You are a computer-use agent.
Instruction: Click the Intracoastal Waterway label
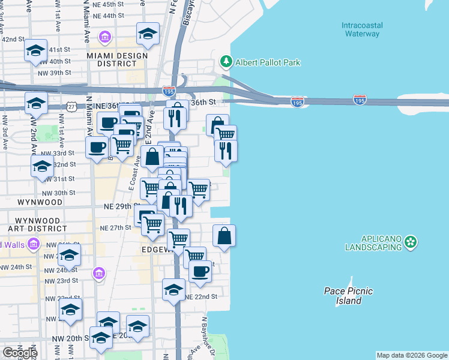click(361, 29)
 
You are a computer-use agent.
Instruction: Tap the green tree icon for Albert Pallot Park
click(226, 62)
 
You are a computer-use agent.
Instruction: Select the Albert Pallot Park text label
click(267, 62)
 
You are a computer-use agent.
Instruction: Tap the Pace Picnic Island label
click(348, 296)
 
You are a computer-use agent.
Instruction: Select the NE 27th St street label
click(115, 228)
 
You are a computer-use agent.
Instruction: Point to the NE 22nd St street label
click(200, 297)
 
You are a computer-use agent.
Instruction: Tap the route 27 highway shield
click(71, 106)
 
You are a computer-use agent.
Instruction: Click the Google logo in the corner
click(20, 352)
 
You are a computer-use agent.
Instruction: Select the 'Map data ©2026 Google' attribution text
click(412, 355)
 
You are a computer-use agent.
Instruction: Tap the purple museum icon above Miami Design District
click(106, 38)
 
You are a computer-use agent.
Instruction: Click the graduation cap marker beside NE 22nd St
click(174, 289)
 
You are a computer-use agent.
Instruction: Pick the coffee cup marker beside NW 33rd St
click(97, 147)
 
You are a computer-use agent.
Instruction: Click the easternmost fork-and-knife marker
click(226, 150)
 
